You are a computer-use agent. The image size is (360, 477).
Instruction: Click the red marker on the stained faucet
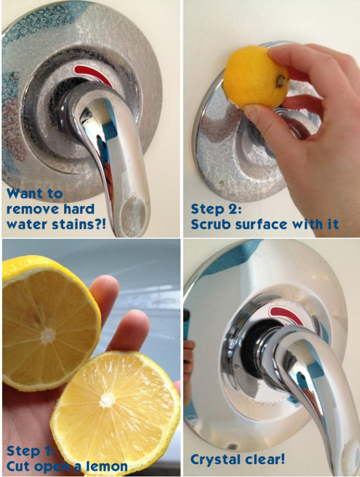pyautogui.click(x=92, y=74)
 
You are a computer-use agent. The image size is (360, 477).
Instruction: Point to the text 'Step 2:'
pyautogui.click(x=216, y=209)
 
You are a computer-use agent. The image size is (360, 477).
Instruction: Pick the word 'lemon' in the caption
pyautogui.click(x=106, y=466)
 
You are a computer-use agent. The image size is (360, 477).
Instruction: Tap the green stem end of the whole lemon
pyautogui.click(x=281, y=81)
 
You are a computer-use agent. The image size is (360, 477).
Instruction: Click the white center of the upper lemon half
pyautogui.click(x=48, y=335)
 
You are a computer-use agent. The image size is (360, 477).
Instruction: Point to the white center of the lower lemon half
pyautogui.click(x=107, y=400)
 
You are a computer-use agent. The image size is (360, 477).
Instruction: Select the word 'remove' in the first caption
pyautogui.click(x=33, y=209)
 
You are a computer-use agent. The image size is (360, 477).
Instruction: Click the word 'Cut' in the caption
pyautogui.click(x=18, y=466)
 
